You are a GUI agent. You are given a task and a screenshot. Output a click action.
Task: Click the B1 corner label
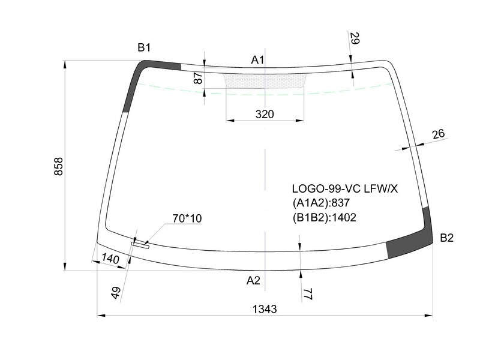(144, 48)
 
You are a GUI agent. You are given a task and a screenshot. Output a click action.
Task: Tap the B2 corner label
(446, 238)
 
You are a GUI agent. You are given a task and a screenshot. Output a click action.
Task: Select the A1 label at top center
(257, 60)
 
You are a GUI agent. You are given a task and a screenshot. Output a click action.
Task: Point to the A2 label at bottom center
(253, 280)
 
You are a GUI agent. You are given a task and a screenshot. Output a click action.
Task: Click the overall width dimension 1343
(265, 309)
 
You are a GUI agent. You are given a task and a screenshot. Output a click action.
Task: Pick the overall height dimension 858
(58, 167)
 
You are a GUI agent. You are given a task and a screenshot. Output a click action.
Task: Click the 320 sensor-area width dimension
(265, 114)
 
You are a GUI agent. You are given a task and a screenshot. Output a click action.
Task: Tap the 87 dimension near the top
(199, 78)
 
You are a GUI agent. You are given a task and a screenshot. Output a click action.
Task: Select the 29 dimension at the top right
(354, 38)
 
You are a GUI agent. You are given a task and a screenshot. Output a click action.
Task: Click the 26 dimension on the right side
(439, 134)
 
